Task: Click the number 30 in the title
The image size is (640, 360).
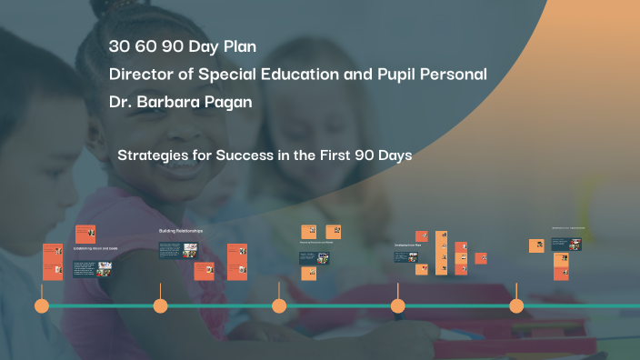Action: click(x=120, y=46)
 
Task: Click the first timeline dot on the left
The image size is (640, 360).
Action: click(x=42, y=306)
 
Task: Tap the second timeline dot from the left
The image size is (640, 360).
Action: click(x=161, y=306)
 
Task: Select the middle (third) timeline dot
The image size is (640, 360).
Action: click(x=279, y=306)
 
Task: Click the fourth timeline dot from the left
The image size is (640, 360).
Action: click(x=398, y=306)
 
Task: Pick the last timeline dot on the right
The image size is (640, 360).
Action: click(x=516, y=306)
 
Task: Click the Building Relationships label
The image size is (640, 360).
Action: click(x=181, y=232)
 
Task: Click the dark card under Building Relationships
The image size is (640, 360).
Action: click(x=175, y=250)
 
